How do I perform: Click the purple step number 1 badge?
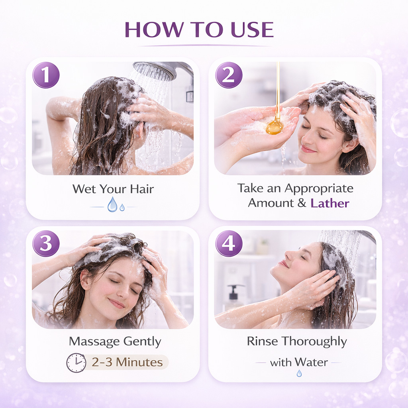pos(46,75)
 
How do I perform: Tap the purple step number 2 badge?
pos(229,75)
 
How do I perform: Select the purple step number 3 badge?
pos(46,243)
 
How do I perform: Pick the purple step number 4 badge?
pos(229,243)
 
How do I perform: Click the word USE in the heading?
pos(252,29)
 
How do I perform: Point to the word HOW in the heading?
pos(155,29)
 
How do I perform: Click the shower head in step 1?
pos(155,71)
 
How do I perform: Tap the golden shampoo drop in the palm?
pos(274,128)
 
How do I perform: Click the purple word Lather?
pos(330,203)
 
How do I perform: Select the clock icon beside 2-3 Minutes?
pos(76,363)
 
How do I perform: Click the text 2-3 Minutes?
pos(127,362)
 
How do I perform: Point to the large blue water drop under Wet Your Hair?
pos(112,204)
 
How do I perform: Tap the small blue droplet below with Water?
pos(299,374)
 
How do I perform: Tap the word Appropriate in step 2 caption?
pos(319,188)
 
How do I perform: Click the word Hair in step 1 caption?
pos(142,189)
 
